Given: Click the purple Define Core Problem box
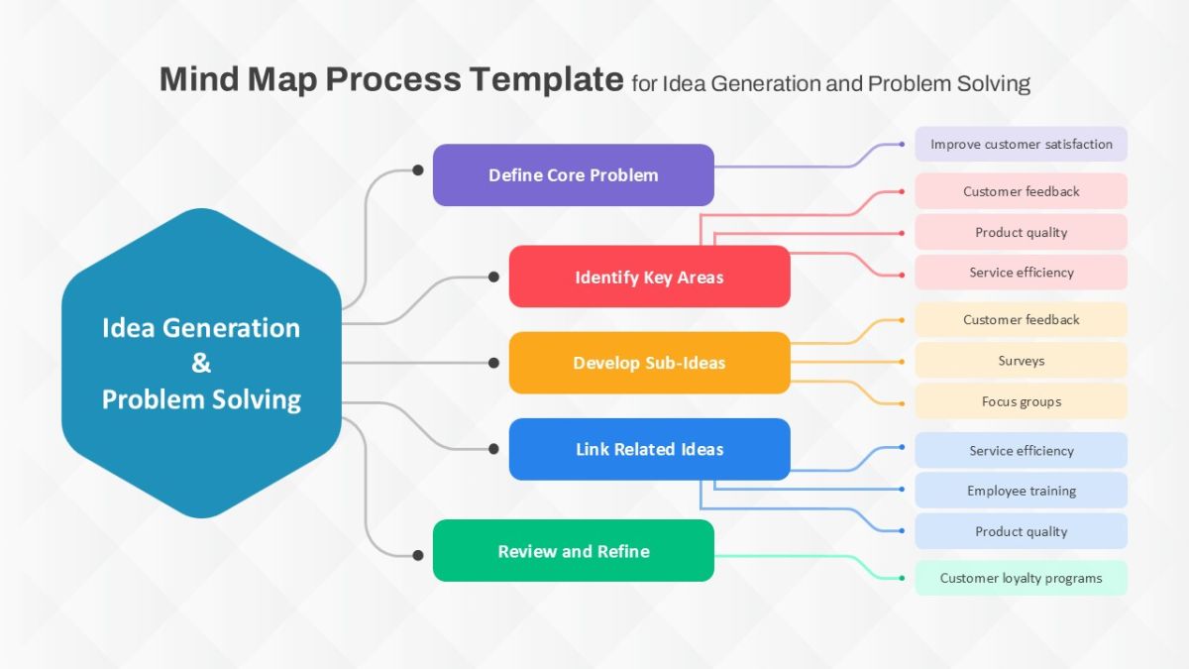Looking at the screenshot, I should point(573,175).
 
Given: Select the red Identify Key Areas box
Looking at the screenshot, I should point(649,277).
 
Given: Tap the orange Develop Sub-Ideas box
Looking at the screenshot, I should point(649,363).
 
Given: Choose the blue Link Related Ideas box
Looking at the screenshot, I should point(649,449).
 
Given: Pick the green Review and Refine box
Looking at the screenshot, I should point(573,551).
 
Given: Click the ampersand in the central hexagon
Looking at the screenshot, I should point(201,364).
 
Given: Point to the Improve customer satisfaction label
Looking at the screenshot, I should point(1021,144).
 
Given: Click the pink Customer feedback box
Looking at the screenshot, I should point(1021,191).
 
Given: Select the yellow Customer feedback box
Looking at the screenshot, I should point(1021,319).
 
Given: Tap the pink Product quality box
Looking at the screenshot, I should point(1021,232).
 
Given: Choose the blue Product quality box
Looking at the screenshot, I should point(1021,531).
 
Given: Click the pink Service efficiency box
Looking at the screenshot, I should point(1021,273).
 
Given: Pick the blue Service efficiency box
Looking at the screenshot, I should point(1021,450).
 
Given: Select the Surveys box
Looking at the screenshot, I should point(1021,361).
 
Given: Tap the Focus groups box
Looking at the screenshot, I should point(1021,401).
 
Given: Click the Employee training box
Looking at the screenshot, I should point(1021,491).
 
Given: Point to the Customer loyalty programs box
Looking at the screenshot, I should point(1021,578).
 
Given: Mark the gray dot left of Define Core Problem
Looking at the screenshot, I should point(417,170).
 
